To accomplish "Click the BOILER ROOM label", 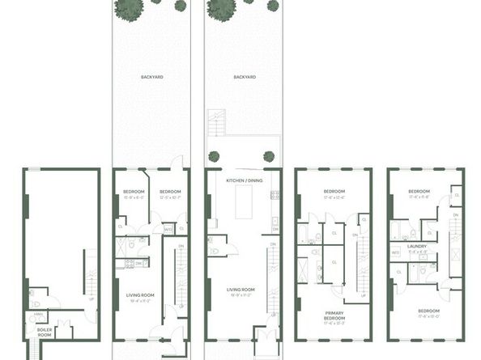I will pyautogui.click(x=45, y=332).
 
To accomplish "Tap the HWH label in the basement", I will pyautogui.click(x=36, y=316).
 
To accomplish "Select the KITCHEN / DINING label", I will pyautogui.click(x=244, y=180).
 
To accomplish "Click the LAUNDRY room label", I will pyautogui.click(x=418, y=246).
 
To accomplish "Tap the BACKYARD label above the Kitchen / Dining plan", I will pyautogui.click(x=245, y=77).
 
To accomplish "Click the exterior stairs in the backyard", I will pyautogui.click(x=215, y=125).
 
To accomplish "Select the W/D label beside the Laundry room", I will pyautogui.click(x=396, y=252).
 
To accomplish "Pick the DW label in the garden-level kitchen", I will pyautogui.click(x=138, y=263).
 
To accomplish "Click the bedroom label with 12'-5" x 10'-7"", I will pyautogui.click(x=170, y=193).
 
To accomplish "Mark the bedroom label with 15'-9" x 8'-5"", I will pyautogui.click(x=134, y=193).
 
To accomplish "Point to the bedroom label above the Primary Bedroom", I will pyautogui.click(x=334, y=193).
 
